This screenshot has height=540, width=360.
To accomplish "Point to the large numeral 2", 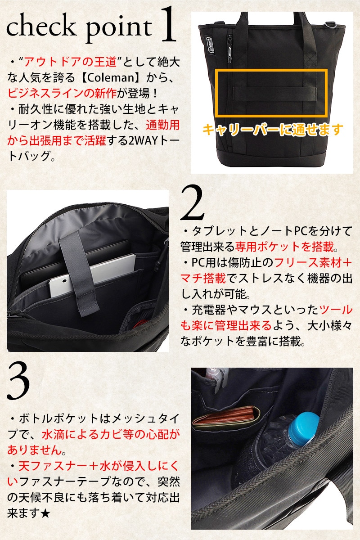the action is coord(192,202).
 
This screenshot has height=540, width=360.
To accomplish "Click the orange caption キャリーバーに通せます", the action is coord(272,130).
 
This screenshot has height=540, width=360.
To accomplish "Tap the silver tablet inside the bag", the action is coord(93,275).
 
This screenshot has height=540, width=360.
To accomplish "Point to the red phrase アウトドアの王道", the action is coord(70,62).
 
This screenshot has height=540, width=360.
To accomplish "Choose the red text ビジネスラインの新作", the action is coord(62,94).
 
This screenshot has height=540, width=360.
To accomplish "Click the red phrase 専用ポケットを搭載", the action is coord(284,247).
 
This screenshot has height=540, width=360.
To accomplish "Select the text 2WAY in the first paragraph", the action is coord(143,141).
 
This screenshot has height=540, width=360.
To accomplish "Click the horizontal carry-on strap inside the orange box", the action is coord(275,94).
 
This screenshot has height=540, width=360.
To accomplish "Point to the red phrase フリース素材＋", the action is coord(313,262).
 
